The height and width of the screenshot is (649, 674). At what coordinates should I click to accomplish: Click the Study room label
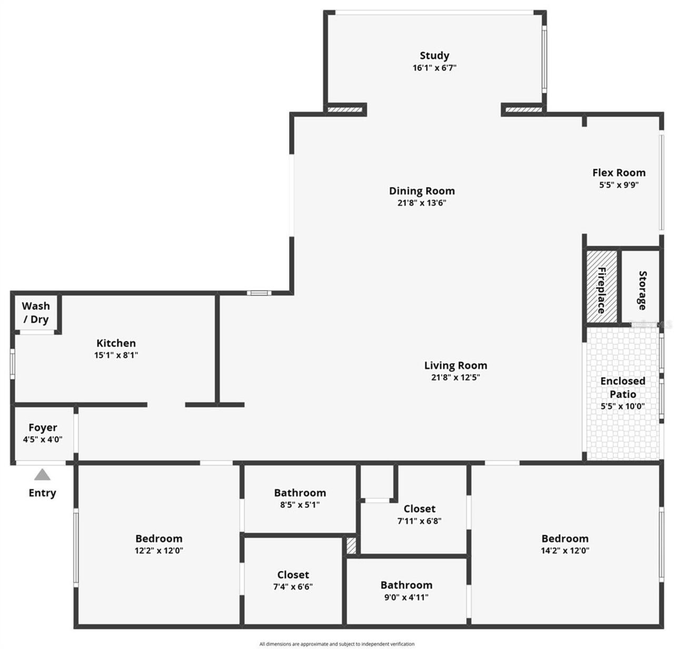click(434, 56)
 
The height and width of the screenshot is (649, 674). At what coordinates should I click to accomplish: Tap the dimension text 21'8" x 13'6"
click(422, 203)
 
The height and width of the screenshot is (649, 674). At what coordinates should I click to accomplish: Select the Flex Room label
click(619, 173)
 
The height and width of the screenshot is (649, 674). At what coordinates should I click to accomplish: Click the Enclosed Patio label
click(622, 388)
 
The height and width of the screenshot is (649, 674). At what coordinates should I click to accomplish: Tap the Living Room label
click(455, 366)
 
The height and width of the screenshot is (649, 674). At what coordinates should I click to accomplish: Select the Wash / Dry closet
click(36, 312)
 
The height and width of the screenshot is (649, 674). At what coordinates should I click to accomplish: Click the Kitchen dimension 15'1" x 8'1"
click(116, 355)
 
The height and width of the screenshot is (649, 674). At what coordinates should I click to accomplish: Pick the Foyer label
click(43, 428)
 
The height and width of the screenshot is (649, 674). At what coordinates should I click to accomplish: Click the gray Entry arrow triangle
click(42, 475)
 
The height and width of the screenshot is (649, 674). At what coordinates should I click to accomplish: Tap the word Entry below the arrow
click(42, 493)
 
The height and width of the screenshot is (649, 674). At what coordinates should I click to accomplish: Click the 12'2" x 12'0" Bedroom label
click(158, 539)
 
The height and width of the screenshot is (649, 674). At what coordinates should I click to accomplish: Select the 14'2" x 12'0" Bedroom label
click(564, 539)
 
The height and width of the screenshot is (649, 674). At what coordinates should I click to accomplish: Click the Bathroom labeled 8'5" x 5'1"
click(300, 493)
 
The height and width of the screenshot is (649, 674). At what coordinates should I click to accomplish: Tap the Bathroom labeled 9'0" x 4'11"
click(406, 585)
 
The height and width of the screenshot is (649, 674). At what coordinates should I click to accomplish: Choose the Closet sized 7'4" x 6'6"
click(293, 575)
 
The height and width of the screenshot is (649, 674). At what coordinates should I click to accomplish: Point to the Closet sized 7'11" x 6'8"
click(419, 509)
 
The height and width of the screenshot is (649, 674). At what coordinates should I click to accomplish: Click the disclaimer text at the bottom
click(337, 644)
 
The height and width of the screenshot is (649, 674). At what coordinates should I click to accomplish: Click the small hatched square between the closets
click(351, 546)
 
